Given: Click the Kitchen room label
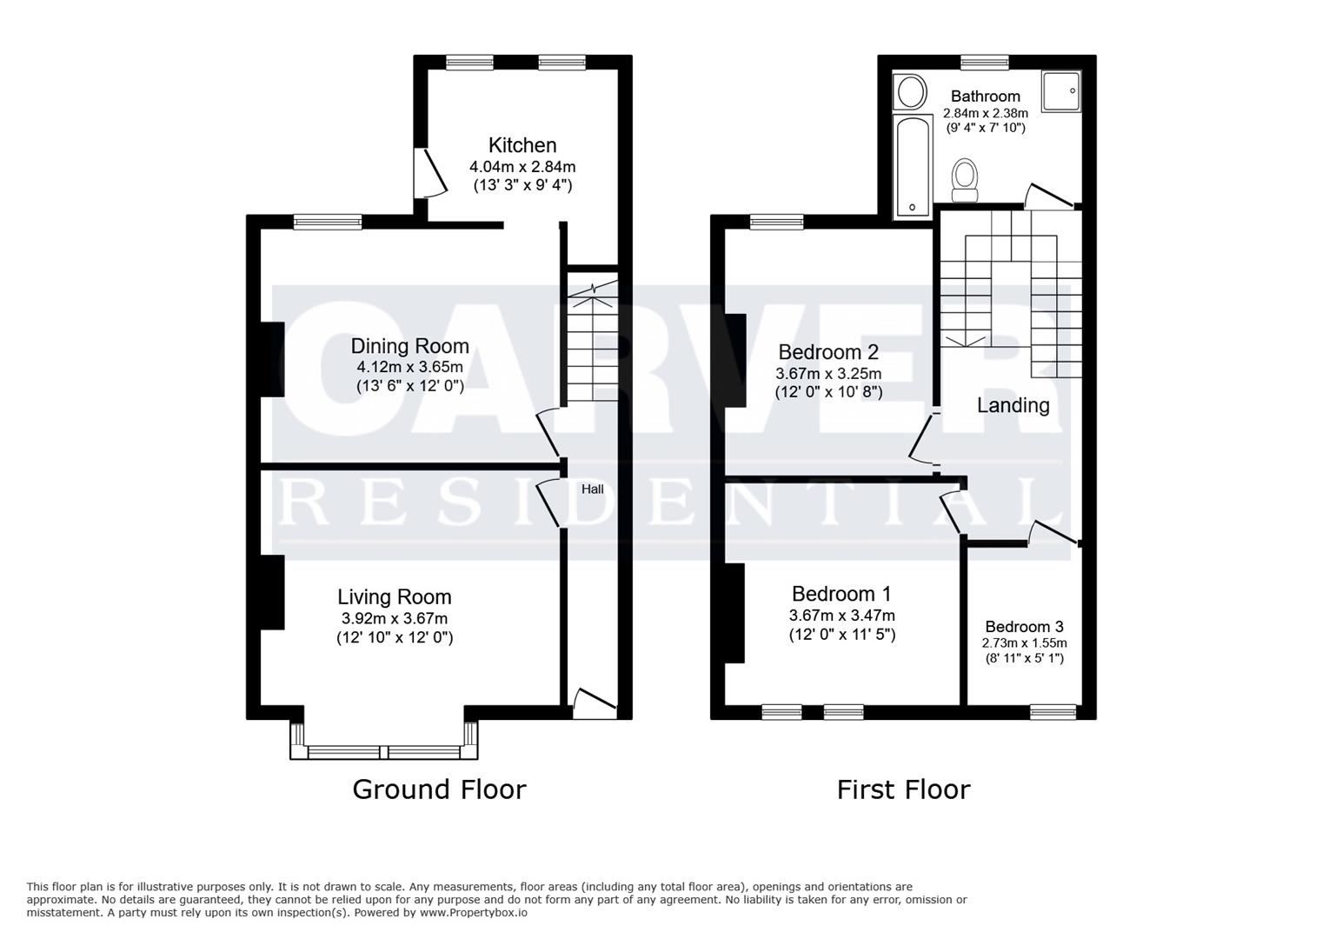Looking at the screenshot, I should point(522,145).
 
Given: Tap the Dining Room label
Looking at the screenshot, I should point(409,346).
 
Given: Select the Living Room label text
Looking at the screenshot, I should point(394,597).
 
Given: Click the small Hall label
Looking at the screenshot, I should point(592,489).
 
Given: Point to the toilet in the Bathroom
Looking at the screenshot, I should point(964,176).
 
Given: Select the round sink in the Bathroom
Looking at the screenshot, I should point(912,91).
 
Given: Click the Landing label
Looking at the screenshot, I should point(1013,405).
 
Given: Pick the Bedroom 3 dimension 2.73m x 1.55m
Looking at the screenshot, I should point(1024,643).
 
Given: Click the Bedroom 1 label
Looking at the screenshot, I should point(840,594).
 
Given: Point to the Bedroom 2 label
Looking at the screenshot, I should point(827,352).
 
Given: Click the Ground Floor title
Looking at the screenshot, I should point(439,789).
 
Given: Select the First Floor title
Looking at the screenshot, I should point(903,789).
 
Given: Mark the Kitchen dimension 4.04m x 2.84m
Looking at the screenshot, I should point(522,167).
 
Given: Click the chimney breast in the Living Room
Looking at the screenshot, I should point(272,591).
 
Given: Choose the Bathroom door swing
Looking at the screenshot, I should point(1049,196).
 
